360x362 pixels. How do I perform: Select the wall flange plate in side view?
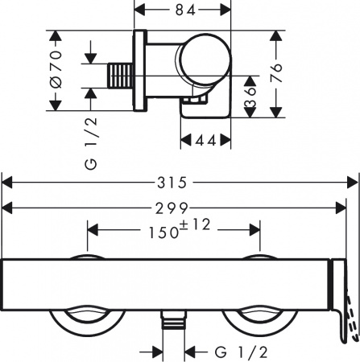pyautogui.click(x=141, y=72)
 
